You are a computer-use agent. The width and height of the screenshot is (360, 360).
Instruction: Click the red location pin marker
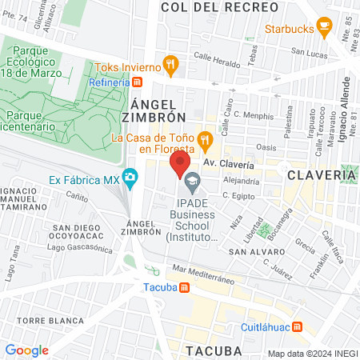tap(178, 166)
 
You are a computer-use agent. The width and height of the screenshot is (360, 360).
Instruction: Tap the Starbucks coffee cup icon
tap(324, 30)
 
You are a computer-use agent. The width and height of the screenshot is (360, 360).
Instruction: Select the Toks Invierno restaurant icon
tap(169, 65)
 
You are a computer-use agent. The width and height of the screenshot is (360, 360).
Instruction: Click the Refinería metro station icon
tap(138, 82)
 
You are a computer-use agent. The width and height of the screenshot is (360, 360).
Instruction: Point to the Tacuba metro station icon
tap(185, 287)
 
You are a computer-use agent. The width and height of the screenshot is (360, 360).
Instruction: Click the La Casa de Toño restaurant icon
tap(206, 142)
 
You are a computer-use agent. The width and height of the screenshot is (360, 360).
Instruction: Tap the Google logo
tap(26, 350)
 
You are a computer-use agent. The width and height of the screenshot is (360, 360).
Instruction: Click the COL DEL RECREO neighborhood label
tap(220, 7)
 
